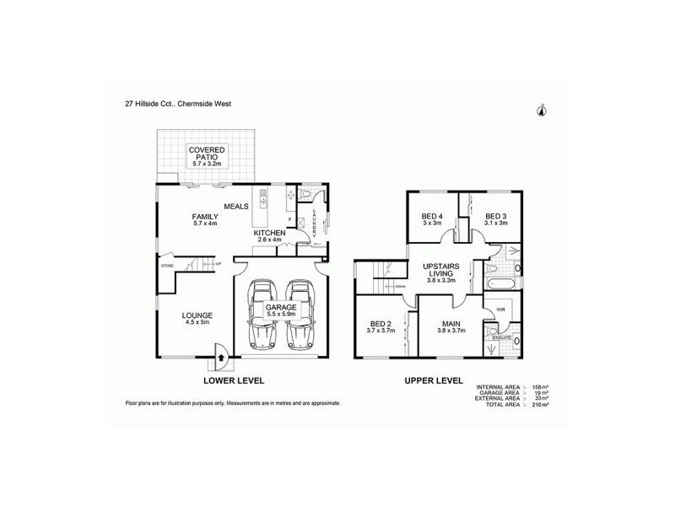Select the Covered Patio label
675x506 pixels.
click(206, 157)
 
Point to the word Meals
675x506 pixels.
click(235, 206)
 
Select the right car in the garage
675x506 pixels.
click(299, 316)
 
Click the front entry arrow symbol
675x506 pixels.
click(221, 357)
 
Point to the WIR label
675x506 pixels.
click(499, 310)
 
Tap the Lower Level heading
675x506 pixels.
click(234, 381)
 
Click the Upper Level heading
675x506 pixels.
click(432, 381)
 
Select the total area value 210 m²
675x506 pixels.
click(541, 406)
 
